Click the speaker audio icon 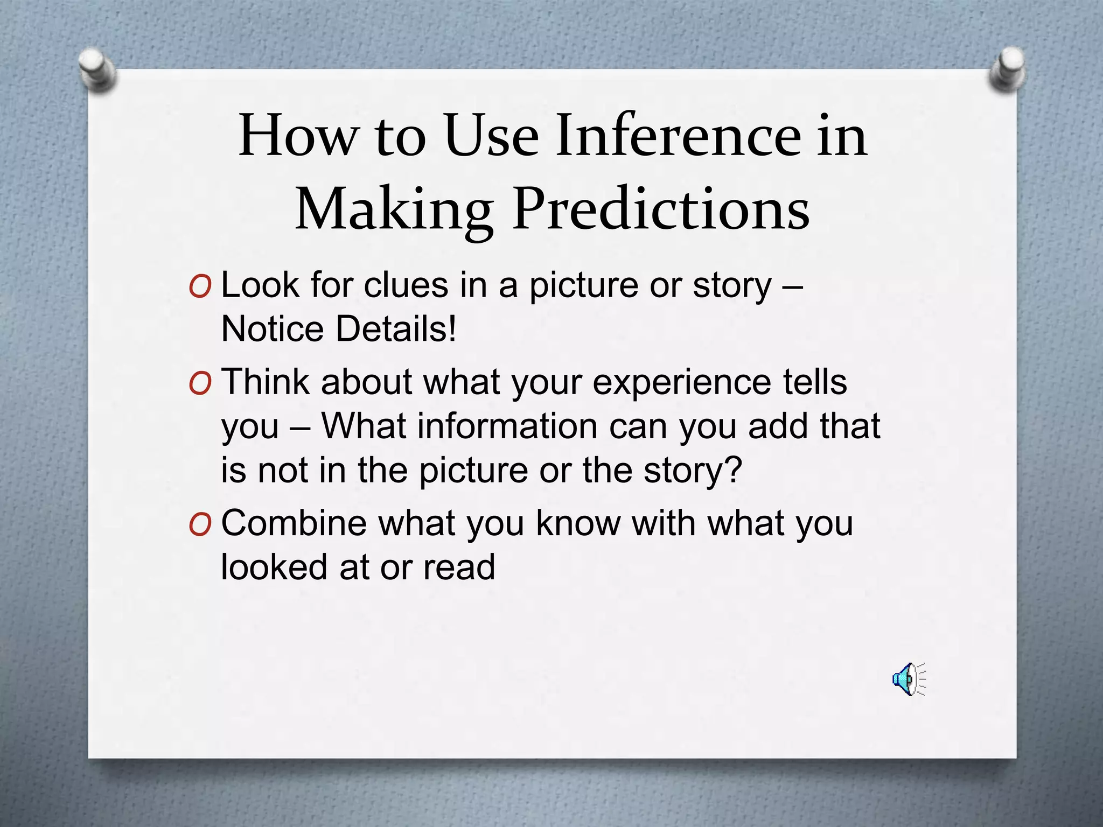tap(909, 679)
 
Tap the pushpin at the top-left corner tap(96, 71)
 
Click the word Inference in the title tap(679, 135)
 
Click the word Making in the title tap(394, 209)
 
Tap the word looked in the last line tap(274, 567)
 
